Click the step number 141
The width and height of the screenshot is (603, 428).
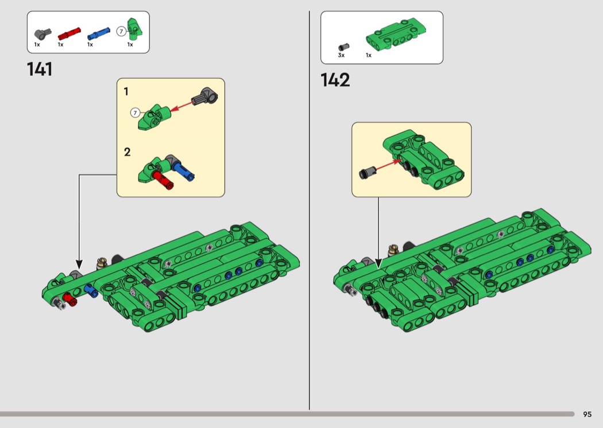40,69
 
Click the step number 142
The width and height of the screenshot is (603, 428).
335,80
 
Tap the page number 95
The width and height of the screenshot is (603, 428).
587,414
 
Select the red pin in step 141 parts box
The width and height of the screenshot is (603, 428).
69,34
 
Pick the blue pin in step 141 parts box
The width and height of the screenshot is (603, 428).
99,33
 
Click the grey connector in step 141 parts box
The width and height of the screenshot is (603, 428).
42,34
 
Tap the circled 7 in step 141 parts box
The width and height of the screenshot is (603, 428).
122,32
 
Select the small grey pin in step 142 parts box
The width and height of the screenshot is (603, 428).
343,47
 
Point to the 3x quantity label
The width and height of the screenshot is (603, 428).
341,55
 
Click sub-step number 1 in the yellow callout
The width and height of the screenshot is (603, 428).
126,91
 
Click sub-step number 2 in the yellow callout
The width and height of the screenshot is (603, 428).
127,152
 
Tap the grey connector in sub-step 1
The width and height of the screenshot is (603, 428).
204,96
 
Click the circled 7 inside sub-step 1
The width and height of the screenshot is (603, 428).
135,112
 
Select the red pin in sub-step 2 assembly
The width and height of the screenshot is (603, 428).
163,180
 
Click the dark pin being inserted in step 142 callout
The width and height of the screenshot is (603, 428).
368,172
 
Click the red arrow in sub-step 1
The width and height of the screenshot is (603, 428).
181,106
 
